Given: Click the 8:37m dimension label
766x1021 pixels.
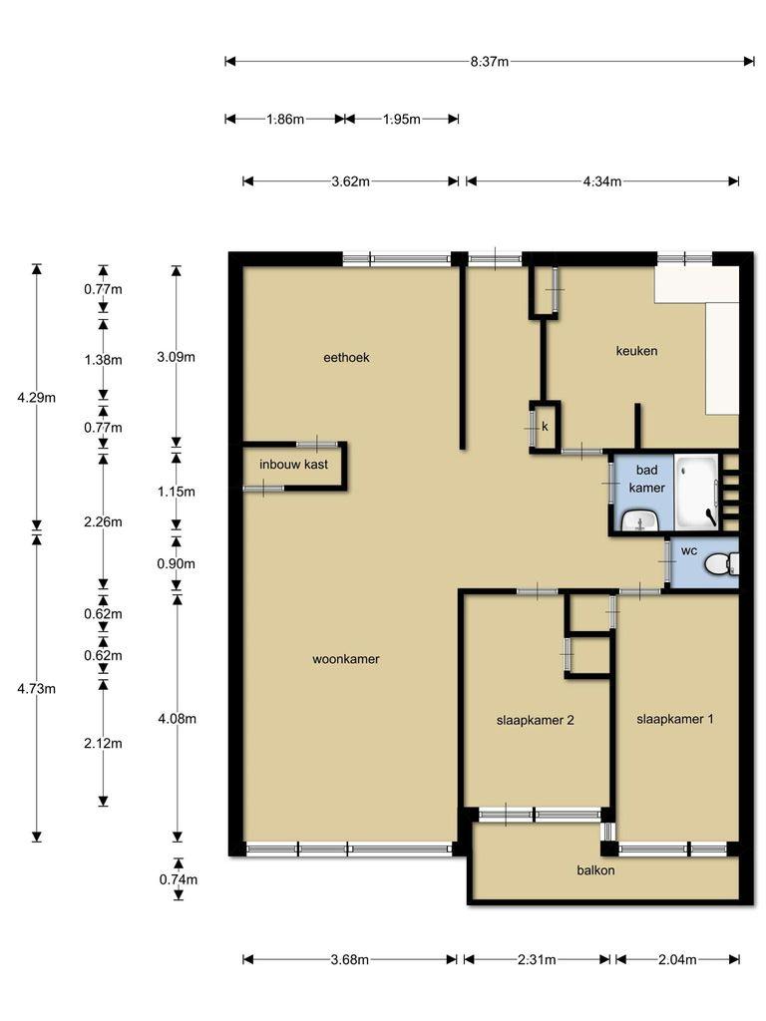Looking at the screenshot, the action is pos(489,62).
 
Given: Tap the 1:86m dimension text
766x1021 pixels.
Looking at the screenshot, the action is pos(285,120).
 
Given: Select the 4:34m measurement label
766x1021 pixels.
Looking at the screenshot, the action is pos(601,181).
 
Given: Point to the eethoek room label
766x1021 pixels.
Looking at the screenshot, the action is pos(346,358).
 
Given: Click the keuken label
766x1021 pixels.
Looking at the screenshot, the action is pos(636,351).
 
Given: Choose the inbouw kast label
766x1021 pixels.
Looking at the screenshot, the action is pos(294,465).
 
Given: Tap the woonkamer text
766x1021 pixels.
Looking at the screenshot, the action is pos(346,659).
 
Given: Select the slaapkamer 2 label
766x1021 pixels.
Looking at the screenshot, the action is pos(535,720).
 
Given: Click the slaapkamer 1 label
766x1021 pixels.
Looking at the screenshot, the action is pos(675,719).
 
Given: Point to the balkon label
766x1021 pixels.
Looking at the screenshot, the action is pos(595,869).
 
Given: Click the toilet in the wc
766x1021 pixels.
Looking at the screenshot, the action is pos(722,564).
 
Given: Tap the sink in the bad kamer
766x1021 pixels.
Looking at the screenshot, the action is pos(640,521).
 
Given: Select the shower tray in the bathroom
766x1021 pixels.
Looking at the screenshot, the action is pos(696,492).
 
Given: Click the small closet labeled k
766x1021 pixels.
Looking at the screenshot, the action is pos(545,427).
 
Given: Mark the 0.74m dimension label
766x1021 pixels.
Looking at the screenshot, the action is pos(179,879).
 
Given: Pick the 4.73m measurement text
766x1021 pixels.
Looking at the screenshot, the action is pos(37,688).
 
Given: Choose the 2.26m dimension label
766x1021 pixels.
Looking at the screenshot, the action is pos(103,521).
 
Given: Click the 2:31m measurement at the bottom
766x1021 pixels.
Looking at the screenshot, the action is pos(537,960).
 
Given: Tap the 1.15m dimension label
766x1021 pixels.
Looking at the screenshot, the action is pos(176,492).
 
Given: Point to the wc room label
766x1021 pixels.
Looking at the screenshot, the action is pos(688,550).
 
